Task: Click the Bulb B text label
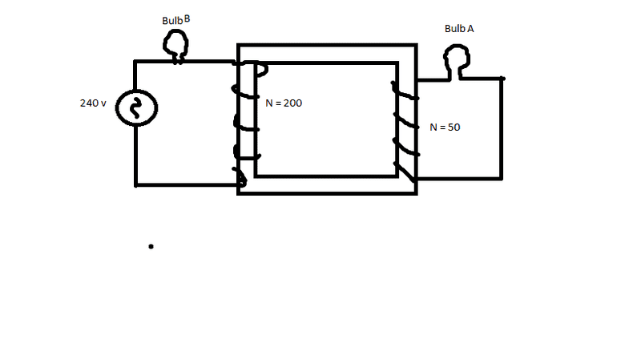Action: coord(176,20)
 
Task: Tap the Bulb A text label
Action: coord(459,29)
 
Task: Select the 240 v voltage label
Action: coord(93,103)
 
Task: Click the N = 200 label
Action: coord(284,103)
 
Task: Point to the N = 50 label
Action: coord(445,127)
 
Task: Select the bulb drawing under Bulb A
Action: coord(457,62)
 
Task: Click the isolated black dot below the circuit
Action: coord(151,246)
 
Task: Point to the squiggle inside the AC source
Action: coord(135,108)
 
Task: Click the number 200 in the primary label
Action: coord(293,103)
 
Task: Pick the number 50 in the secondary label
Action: coord(454,127)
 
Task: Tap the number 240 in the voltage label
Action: coord(89,103)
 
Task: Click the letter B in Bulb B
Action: coord(187,18)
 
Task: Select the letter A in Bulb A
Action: coord(470,29)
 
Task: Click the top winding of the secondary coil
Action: coord(405,92)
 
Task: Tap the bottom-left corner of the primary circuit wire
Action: coord(135,185)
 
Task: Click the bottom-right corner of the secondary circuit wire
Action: coord(502,178)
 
